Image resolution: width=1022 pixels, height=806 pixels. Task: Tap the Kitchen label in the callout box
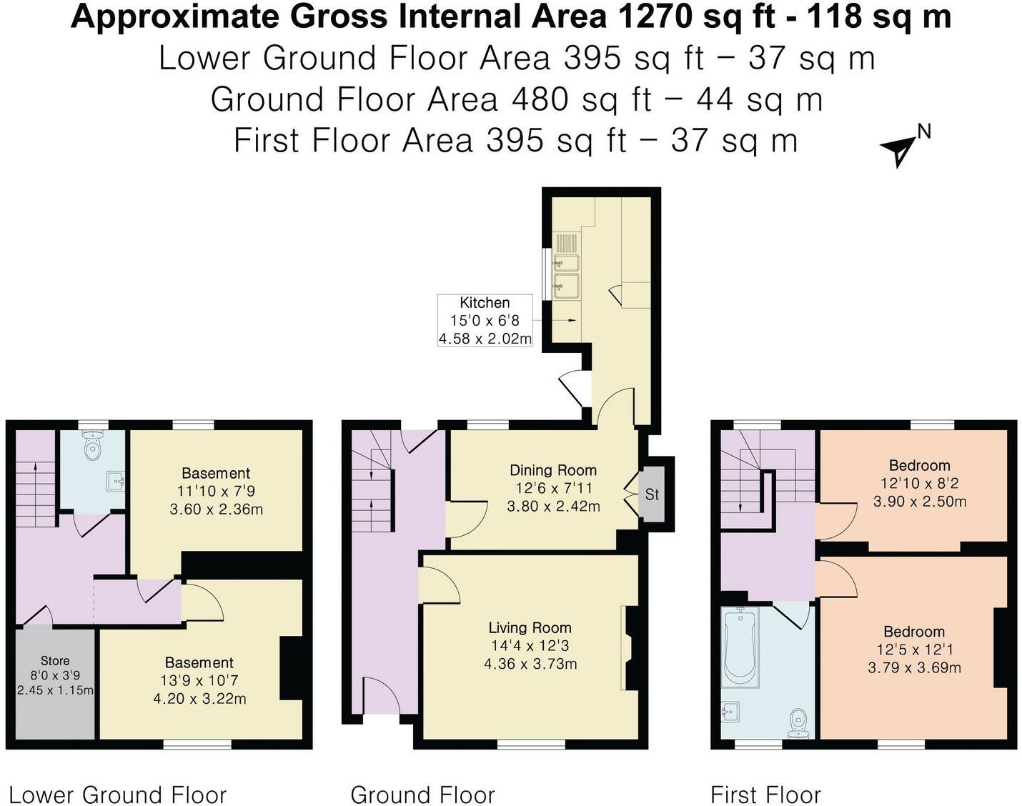tap(485, 303)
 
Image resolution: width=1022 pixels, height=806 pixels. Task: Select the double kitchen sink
tap(566, 274)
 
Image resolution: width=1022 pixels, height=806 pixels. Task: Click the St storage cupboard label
tap(652, 494)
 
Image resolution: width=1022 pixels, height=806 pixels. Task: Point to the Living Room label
tap(530, 628)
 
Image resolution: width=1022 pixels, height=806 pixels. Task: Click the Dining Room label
tap(552, 470)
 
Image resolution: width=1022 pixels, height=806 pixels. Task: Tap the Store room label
tap(55, 661)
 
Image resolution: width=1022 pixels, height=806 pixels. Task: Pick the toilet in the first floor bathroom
tap(798, 723)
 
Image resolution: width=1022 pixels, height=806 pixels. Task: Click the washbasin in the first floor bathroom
tap(730, 712)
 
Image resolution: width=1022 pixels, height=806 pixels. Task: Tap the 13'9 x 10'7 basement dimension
tap(199, 681)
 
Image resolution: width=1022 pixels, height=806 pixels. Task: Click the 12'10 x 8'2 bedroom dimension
tap(919, 484)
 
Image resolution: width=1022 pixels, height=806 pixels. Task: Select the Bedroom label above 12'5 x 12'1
tap(914, 632)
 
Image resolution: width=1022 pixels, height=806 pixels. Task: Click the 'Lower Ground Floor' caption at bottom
tap(117, 795)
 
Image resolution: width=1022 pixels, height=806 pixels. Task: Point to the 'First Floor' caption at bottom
tap(765, 795)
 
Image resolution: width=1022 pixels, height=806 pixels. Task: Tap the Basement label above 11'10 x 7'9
tap(216, 473)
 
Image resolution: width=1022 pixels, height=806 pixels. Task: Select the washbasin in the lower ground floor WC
tap(116, 482)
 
